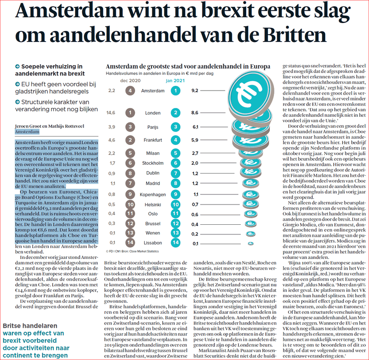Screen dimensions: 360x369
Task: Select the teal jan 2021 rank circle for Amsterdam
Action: [176, 90]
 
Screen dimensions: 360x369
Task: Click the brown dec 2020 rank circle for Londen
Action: [131, 113]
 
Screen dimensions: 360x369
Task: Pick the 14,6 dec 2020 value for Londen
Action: [111, 113]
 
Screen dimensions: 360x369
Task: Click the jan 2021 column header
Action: [175, 80]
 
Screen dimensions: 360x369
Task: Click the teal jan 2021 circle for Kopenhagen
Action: [176, 194]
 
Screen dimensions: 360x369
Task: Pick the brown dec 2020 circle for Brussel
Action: [131, 222]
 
